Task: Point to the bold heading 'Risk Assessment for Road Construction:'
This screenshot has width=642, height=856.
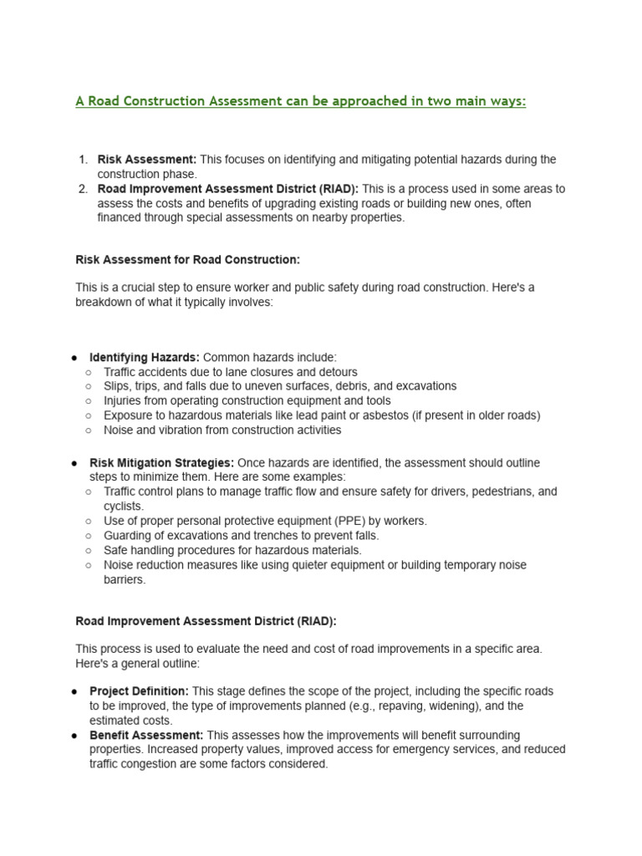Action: tap(187, 260)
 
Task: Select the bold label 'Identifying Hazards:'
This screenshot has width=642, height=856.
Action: tap(145, 357)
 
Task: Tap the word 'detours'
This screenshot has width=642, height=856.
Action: tap(336, 372)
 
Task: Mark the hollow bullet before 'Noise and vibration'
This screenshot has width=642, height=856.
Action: tap(89, 431)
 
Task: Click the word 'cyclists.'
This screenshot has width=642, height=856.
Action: tap(124, 507)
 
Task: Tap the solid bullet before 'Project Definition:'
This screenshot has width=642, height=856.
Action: tap(75, 692)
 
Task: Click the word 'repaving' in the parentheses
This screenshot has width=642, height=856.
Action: tap(403, 706)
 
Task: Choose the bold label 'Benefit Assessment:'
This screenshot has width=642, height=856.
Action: tap(146, 736)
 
